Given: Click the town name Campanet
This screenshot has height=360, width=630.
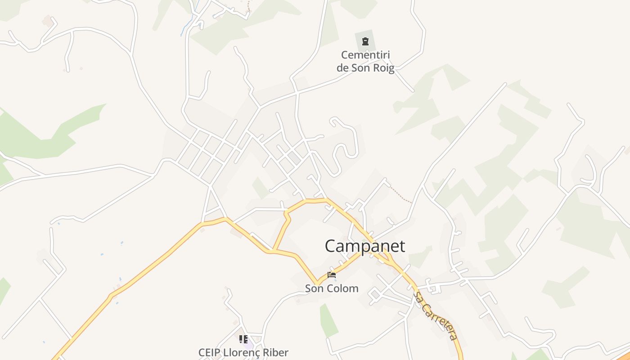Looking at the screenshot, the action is [x=364, y=246].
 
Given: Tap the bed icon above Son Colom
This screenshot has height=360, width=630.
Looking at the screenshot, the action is [x=332, y=274].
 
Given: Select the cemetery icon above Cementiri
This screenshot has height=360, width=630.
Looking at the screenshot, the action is [x=365, y=42].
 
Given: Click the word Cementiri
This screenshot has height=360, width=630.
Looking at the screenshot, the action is [x=365, y=55].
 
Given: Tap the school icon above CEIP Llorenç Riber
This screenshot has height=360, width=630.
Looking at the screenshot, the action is [x=243, y=339].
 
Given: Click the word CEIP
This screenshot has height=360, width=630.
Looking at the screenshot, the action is [x=210, y=352].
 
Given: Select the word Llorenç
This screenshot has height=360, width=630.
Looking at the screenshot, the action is [x=242, y=352].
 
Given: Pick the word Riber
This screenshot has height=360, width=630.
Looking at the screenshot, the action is [x=275, y=352].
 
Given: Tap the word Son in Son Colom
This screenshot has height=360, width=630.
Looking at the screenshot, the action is [x=314, y=288].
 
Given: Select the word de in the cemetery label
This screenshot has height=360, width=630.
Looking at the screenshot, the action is [x=342, y=68].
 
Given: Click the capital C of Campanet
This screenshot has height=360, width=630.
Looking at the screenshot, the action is [x=330, y=246].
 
